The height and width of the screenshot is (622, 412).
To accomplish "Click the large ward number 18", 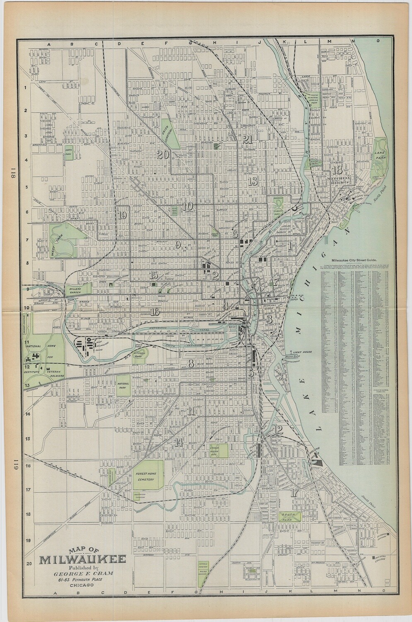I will (337, 170).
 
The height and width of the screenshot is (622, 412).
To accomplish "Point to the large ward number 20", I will (162, 155).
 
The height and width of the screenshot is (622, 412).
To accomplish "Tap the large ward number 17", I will (295, 493).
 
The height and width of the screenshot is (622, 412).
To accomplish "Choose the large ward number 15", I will (154, 275).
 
